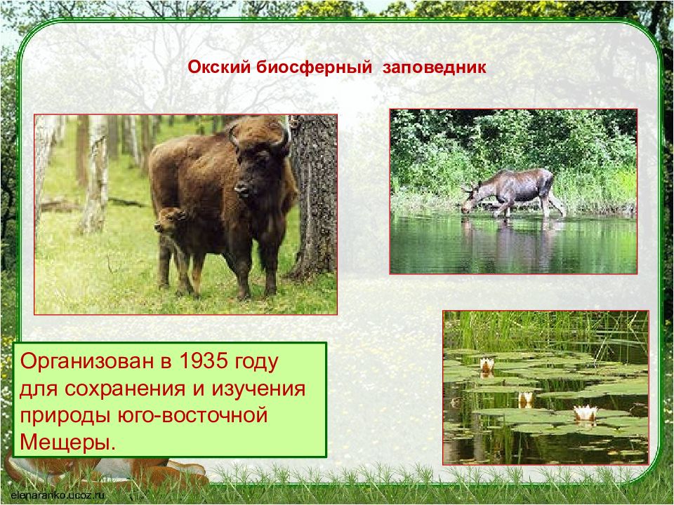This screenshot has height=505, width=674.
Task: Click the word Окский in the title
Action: coord(219,68)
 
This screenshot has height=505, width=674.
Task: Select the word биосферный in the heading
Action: coord(315,68)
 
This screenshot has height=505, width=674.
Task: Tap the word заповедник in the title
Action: coord(434,68)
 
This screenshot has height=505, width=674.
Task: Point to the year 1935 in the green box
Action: coord(203,361)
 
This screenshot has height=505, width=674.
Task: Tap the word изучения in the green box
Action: coord(258,389)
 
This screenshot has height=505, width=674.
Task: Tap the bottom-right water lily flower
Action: coord(585,414)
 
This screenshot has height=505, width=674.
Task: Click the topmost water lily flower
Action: coord(487,365)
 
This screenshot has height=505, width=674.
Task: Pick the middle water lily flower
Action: coord(526,399)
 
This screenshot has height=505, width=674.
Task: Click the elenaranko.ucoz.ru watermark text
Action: coord(58,494)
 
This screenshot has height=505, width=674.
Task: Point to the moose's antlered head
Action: coord(470,198)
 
